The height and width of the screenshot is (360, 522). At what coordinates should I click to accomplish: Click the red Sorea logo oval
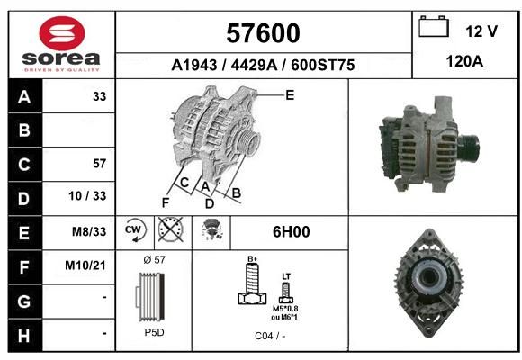pos(62,33)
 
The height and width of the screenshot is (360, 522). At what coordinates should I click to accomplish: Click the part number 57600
pos(263,33)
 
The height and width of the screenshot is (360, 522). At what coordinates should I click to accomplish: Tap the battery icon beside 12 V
pos(434,26)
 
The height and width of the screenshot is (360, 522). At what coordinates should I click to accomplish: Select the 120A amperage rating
pos(464,61)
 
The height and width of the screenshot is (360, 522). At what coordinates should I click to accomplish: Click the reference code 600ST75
pos(322,66)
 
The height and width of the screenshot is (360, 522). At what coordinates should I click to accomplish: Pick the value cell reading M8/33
pos(89,231)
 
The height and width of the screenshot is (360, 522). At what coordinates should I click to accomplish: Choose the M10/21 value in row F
pos(85,265)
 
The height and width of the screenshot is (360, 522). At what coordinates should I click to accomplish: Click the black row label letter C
pos(24,164)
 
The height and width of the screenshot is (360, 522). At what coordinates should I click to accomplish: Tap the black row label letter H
pos(24,336)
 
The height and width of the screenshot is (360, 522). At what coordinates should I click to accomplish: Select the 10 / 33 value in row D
pos(87,196)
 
